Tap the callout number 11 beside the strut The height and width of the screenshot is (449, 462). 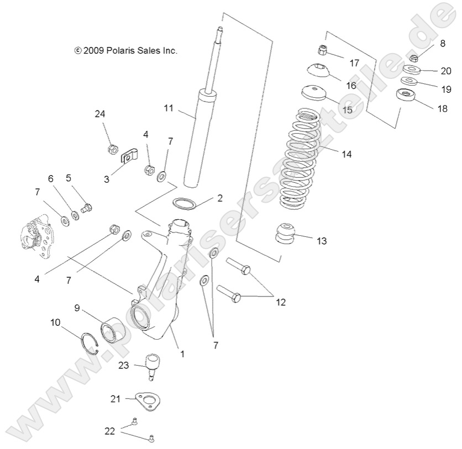[169, 108]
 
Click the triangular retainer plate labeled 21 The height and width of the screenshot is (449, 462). [146, 401]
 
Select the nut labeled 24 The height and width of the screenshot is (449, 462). [113, 149]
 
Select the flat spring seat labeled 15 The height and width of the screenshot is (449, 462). [312, 92]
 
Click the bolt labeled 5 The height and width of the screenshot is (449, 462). [86, 208]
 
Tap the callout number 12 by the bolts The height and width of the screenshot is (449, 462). [281, 302]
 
